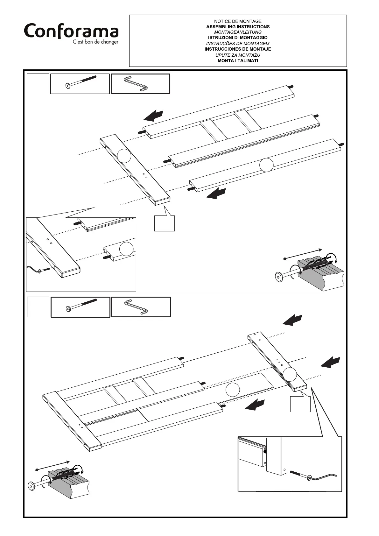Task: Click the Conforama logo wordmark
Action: [x=71, y=31]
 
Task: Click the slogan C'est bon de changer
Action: [x=95, y=42]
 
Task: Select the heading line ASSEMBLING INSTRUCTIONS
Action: [x=238, y=27]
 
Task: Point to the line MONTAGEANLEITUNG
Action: [x=238, y=32]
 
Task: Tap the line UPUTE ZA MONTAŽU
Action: [x=238, y=55]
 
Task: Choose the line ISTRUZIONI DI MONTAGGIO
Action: [x=238, y=38]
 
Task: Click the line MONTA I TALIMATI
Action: [x=238, y=60]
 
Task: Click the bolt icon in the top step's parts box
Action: [x=80, y=84]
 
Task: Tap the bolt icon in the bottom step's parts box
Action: [x=81, y=307]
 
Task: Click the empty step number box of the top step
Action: [x=38, y=84]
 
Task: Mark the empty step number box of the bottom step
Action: [x=38, y=307]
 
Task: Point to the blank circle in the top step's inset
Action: [x=126, y=249]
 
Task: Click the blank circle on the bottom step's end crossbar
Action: [x=290, y=374]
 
